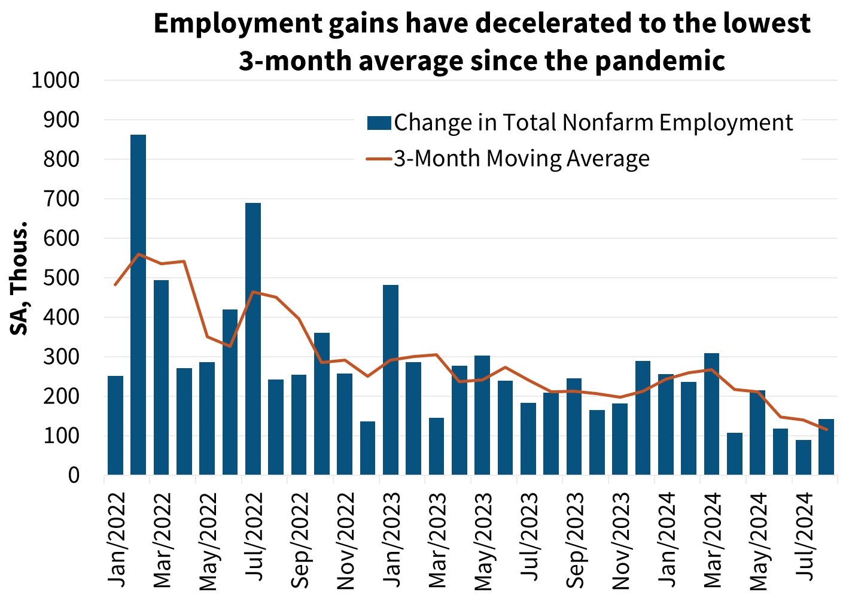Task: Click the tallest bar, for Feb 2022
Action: pos(138,305)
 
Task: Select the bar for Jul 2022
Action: pos(253,339)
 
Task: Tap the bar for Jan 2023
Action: pos(391,380)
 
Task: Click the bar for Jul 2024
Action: pos(804,457)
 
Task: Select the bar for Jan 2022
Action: pos(115,426)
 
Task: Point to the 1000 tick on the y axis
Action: pos(55,80)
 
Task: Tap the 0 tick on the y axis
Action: pos(74,476)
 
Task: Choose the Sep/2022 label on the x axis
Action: pos(300,540)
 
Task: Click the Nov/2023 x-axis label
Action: pos(621,541)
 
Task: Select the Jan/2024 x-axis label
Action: pos(667,540)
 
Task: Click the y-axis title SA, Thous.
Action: pos(19,278)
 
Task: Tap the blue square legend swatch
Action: pos(379,123)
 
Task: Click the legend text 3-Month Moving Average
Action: pos(521,159)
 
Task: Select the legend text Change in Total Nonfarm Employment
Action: pos(593,123)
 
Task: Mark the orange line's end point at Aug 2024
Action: pos(826,429)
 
